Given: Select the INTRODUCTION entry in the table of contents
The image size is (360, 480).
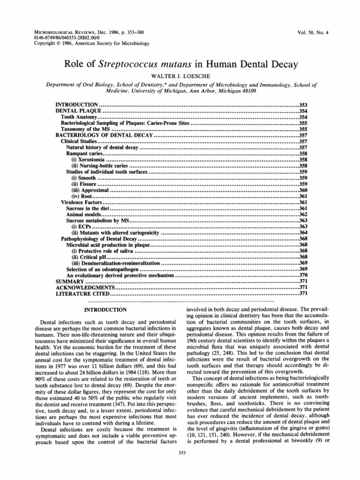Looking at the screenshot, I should pos(76,104).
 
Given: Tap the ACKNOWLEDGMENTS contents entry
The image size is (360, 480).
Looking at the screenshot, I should pos(82,287).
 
